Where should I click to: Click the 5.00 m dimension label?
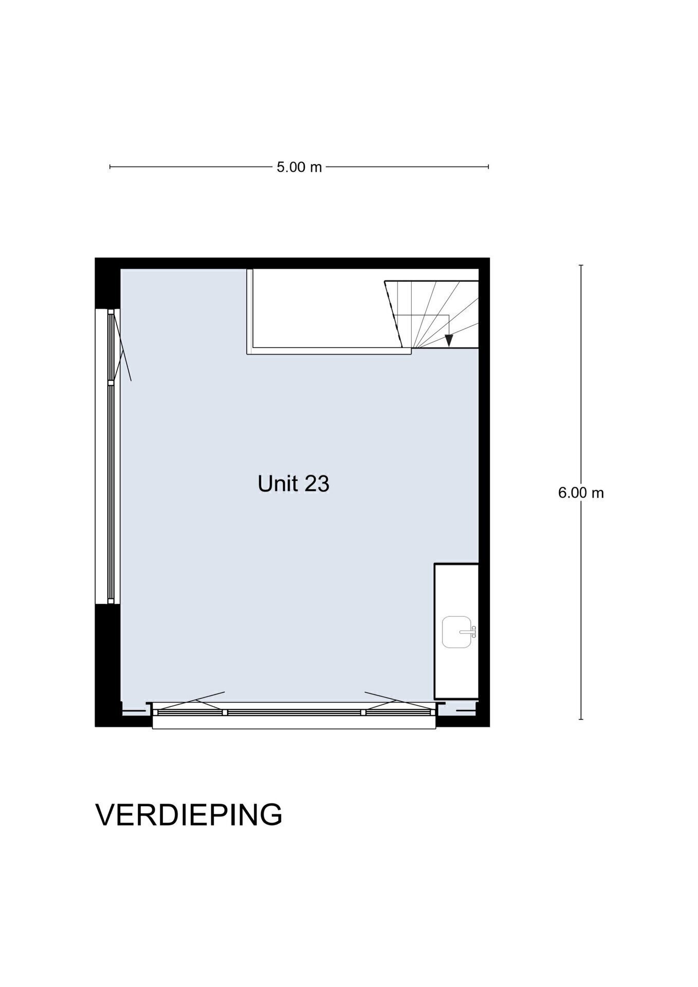[x=299, y=167]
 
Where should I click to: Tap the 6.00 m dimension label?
[x=581, y=492]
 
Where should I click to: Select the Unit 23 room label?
[x=293, y=484]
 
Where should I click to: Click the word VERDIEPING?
[x=189, y=815]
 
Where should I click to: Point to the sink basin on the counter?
[x=456, y=632]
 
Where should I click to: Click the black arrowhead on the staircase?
[x=449, y=340]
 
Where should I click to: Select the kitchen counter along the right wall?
[x=456, y=631]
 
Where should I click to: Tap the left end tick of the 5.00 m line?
[x=110, y=167]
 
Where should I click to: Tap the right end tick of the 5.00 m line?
[x=488, y=167]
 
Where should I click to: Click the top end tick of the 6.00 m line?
[x=581, y=265]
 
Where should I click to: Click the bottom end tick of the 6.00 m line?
[x=581, y=719]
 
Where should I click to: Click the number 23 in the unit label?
[x=317, y=484]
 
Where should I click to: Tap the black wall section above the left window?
[x=107, y=283]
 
